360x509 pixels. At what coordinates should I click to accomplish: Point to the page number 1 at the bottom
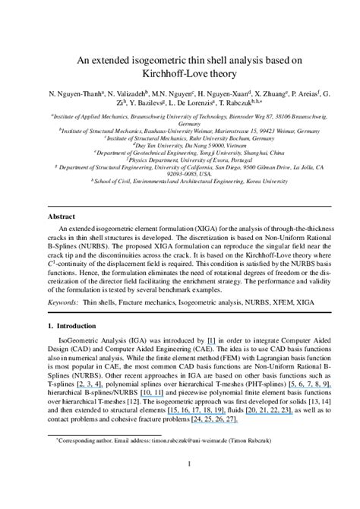(179, 484)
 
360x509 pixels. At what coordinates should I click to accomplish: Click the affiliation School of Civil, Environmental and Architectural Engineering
(178, 182)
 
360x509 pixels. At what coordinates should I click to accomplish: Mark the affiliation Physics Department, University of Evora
(180, 161)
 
